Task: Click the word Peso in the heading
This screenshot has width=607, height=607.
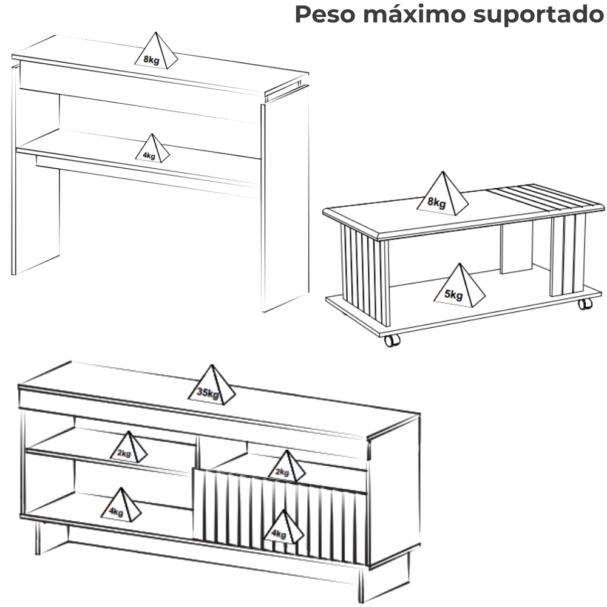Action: (325, 15)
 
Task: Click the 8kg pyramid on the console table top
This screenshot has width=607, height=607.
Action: (156, 51)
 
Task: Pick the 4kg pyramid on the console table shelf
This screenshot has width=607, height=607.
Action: (152, 148)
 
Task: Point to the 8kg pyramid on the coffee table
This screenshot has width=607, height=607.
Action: (443, 193)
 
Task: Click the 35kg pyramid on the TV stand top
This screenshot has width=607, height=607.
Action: (211, 385)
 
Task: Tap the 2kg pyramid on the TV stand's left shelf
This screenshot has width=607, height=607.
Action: (129, 447)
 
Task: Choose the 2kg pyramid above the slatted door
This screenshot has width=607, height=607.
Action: (287, 466)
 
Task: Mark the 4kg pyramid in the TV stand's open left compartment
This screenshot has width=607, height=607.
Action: (121, 504)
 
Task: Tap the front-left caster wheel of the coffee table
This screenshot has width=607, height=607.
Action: (392, 341)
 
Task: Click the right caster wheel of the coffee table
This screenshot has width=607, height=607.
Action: (585, 303)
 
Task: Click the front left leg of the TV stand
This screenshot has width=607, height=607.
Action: (38, 538)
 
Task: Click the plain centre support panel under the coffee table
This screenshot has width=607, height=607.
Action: (517, 248)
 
